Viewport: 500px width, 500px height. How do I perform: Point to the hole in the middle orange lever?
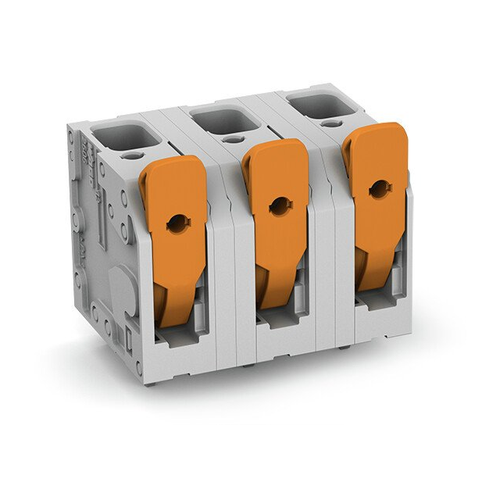[x=277, y=205]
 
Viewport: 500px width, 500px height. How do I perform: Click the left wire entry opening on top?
[x=125, y=135]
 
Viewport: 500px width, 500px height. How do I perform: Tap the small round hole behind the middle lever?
[x=232, y=140]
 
